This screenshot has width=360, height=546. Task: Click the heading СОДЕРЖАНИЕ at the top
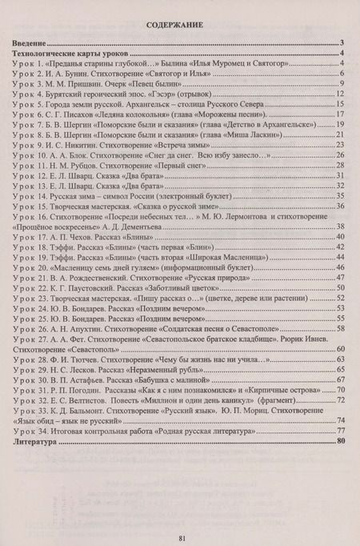pos(179,26)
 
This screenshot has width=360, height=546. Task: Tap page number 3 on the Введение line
pos(342,42)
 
